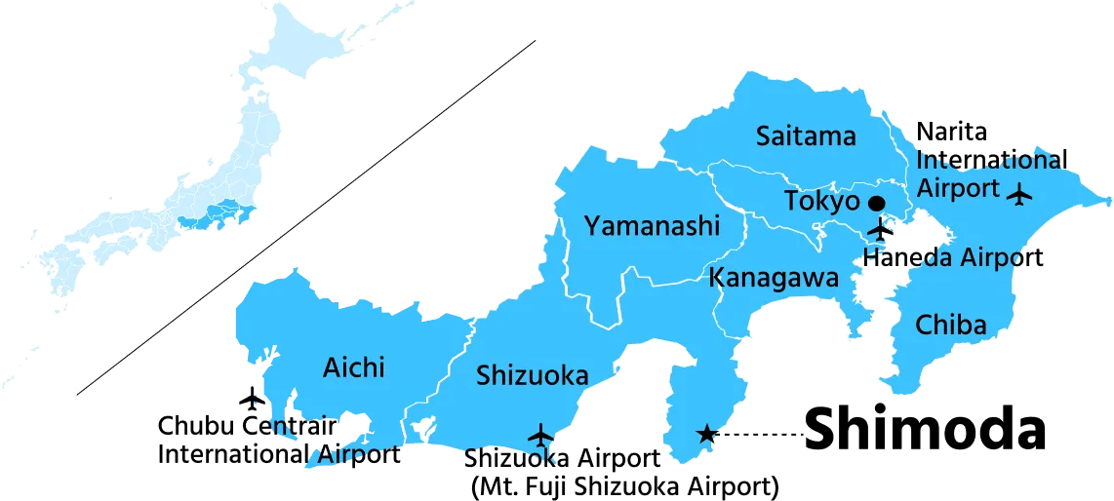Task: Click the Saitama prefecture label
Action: point(806,136)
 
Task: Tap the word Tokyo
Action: point(822,202)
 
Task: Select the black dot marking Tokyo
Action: point(876,203)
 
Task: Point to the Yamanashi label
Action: point(652,227)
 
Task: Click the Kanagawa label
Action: point(774,278)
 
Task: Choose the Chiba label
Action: point(951,325)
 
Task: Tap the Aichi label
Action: point(353,367)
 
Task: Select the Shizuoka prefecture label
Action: point(532,375)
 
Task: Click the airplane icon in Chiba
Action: point(1020,194)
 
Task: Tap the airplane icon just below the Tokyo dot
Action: point(880,230)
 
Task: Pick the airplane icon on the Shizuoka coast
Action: point(539,435)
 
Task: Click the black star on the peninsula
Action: point(704,434)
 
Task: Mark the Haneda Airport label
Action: point(942,257)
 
